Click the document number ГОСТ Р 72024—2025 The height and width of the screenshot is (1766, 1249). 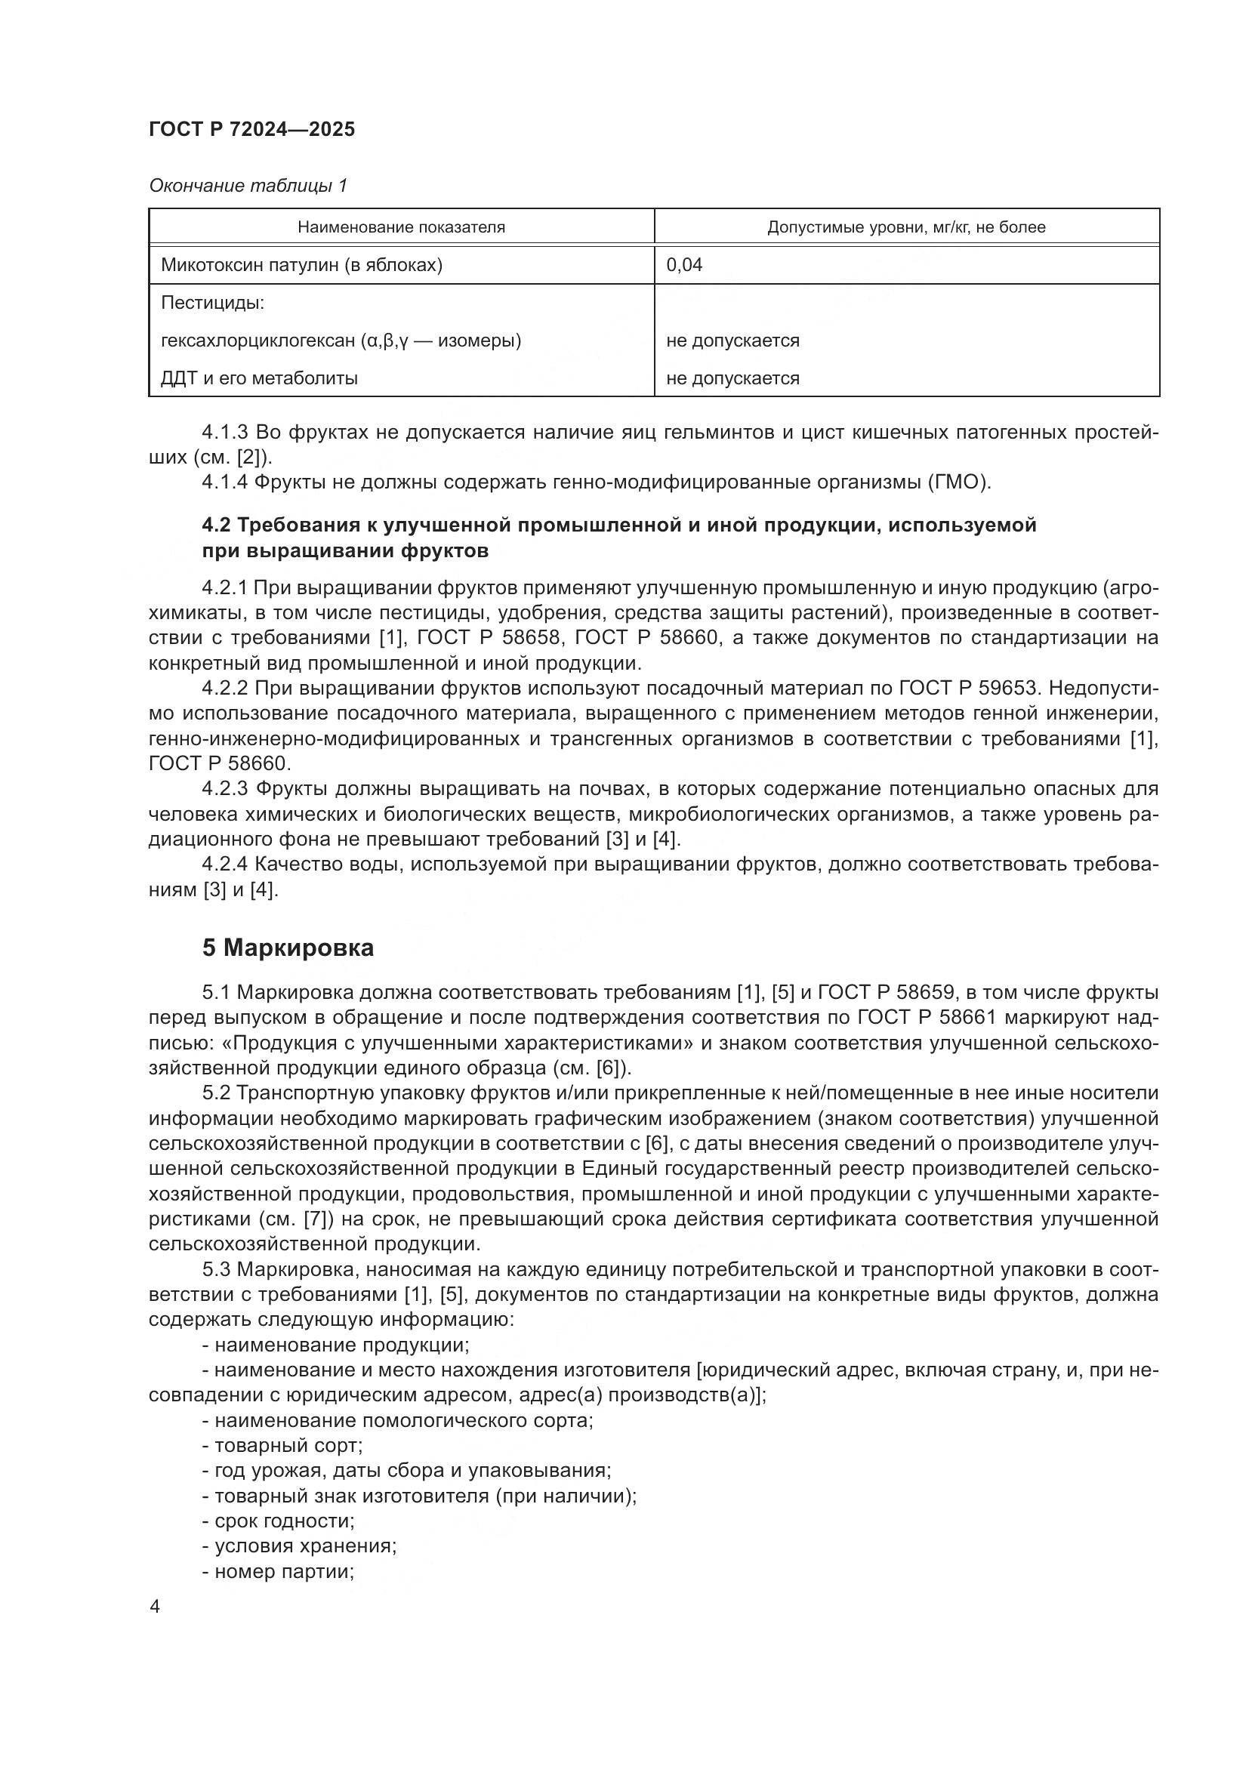[x=251, y=129]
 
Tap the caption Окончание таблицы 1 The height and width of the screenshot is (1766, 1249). [x=248, y=186]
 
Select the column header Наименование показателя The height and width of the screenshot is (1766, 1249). [x=401, y=227]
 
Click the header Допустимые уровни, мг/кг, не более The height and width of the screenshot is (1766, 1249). [x=906, y=227]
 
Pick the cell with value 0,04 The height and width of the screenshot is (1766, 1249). [x=683, y=265]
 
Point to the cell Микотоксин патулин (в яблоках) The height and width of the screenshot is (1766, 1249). [x=301, y=265]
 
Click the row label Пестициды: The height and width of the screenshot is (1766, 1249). [x=212, y=303]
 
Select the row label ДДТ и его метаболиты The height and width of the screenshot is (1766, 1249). [x=259, y=378]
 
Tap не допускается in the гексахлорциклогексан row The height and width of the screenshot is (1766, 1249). [x=732, y=341]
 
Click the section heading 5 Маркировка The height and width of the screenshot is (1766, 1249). [x=288, y=948]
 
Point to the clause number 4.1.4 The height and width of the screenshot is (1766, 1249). [x=224, y=482]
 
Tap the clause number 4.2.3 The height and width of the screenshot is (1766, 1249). [x=224, y=788]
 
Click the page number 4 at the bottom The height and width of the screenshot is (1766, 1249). [x=155, y=1607]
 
